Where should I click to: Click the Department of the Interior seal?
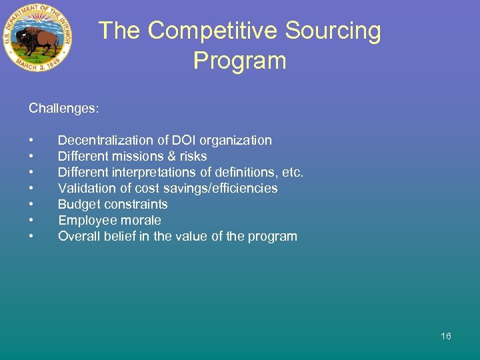[x=37, y=39]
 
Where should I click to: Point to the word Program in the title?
[x=239, y=61]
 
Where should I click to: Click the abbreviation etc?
[x=291, y=172]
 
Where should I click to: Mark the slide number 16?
[x=446, y=336]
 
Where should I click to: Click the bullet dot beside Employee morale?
[x=31, y=221]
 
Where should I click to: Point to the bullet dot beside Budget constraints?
[x=31, y=205]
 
